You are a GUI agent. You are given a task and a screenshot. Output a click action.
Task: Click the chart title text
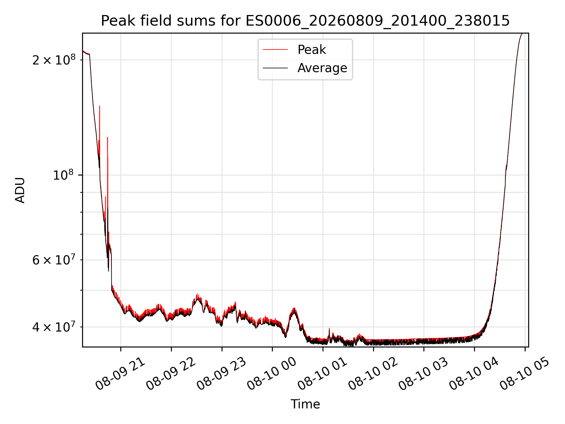tap(305, 21)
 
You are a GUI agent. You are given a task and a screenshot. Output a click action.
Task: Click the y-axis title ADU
tap(20, 190)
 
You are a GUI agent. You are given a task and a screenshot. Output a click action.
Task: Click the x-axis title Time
tap(305, 404)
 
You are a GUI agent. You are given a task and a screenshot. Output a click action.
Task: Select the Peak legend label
tap(312, 50)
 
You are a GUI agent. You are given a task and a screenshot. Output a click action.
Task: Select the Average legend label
tap(322, 68)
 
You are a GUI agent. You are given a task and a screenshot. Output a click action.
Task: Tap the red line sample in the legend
tap(275, 50)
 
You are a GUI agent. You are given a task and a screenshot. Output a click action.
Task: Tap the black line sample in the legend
tap(275, 68)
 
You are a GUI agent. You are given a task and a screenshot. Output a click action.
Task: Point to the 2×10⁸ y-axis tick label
tap(54, 60)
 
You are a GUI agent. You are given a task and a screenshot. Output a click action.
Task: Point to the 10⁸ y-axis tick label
tap(63, 175)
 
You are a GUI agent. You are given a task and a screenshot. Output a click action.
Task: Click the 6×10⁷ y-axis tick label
tap(54, 260)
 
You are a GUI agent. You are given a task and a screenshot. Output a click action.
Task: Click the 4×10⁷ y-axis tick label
tap(54, 327)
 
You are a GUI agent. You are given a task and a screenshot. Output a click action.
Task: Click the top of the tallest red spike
tap(100, 106)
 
